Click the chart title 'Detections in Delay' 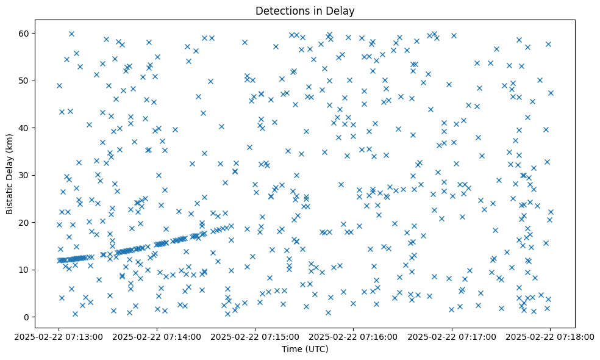point(305,10)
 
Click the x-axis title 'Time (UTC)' point(305,349)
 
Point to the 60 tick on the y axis point(25,33)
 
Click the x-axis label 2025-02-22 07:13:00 point(59,336)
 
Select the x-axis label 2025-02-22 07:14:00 point(157,336)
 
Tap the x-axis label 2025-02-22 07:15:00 point(255,336)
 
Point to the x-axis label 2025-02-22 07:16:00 point(354,336)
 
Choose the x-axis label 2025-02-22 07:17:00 point(452,336)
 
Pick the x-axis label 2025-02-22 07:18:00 point(550,336)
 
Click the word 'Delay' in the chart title point(341,10)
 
